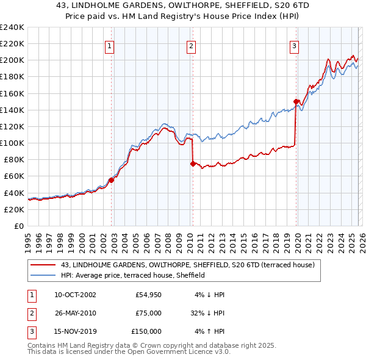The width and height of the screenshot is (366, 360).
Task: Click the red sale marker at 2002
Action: tap(112, 180)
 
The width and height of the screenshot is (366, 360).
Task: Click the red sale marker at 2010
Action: tap(193, 164)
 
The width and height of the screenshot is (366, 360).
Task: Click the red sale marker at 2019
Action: tap(296, 101)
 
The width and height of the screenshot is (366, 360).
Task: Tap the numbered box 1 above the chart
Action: tap(109, 46)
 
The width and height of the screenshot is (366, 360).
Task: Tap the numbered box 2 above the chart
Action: tap(191, 46)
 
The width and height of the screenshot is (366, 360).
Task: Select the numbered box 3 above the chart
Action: tap(294, 46)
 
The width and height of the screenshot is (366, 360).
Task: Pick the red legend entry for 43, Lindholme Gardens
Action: tap(187, 265)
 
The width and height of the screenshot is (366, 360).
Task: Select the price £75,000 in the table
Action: tap(148, 313)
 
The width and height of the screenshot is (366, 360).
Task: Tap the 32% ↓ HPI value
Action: tap(207, 313)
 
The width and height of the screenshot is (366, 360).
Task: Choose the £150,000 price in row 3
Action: tap(146, 331)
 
